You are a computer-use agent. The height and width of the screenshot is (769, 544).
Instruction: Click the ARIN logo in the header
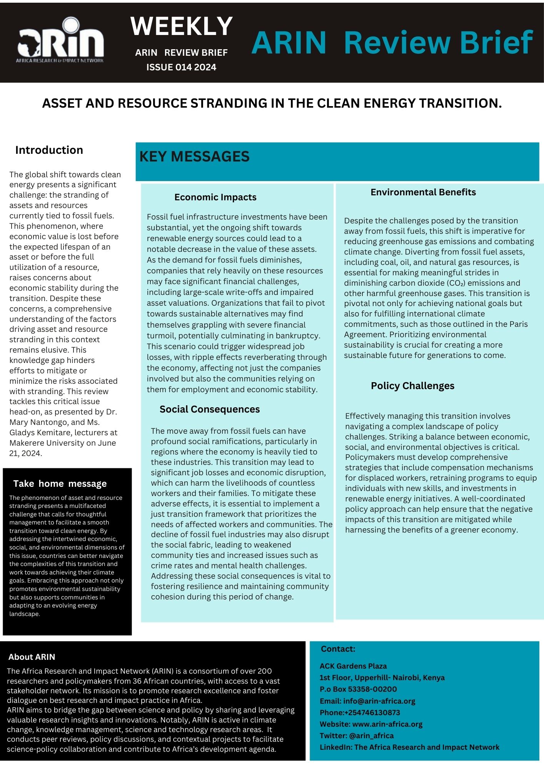(60, 40)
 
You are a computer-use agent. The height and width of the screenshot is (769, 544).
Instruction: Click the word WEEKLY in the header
(181, 26)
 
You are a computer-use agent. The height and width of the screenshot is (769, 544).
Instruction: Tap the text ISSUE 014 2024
(181, 67)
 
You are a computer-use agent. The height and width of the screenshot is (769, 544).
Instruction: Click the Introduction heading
(49, 150)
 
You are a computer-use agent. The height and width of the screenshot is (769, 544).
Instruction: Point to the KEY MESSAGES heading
(194, 156)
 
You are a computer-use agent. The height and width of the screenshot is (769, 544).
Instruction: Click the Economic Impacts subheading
(215, 197)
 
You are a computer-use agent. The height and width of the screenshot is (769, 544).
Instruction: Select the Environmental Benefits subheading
(423, 192)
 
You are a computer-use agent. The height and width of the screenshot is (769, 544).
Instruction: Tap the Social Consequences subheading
(210, 409)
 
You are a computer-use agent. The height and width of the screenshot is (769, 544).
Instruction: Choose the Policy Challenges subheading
(412, 386)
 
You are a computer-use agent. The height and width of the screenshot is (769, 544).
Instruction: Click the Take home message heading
(60, 484)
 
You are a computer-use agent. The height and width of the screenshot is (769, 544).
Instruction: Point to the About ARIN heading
(32, 657)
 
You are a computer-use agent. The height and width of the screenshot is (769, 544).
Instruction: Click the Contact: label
(338, 649)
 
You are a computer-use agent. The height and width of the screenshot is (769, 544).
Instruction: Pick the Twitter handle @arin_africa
(371, 736)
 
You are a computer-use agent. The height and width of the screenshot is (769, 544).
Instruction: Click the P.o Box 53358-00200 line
(358, 689)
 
